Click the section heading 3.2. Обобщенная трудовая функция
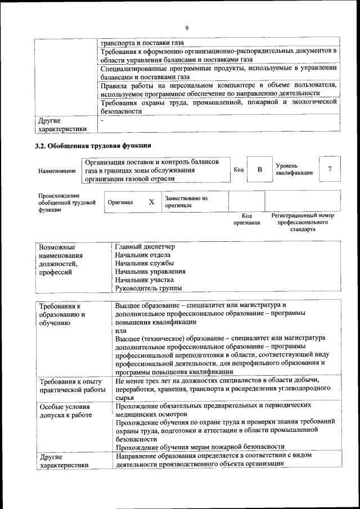pos(93,147)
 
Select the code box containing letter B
pos(260,169)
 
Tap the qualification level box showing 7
pos(330,169)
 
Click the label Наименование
pos(57,170)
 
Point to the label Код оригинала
pos(246,219)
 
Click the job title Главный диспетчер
pos(145,247)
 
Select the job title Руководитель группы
pos(148,288)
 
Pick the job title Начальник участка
pos(145,280)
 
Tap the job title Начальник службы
pos(144,263)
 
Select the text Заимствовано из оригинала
pos(186,202)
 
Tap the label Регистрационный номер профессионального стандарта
pos(303,222)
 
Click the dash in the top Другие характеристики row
pos(102,120)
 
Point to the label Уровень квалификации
pos(294,169)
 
